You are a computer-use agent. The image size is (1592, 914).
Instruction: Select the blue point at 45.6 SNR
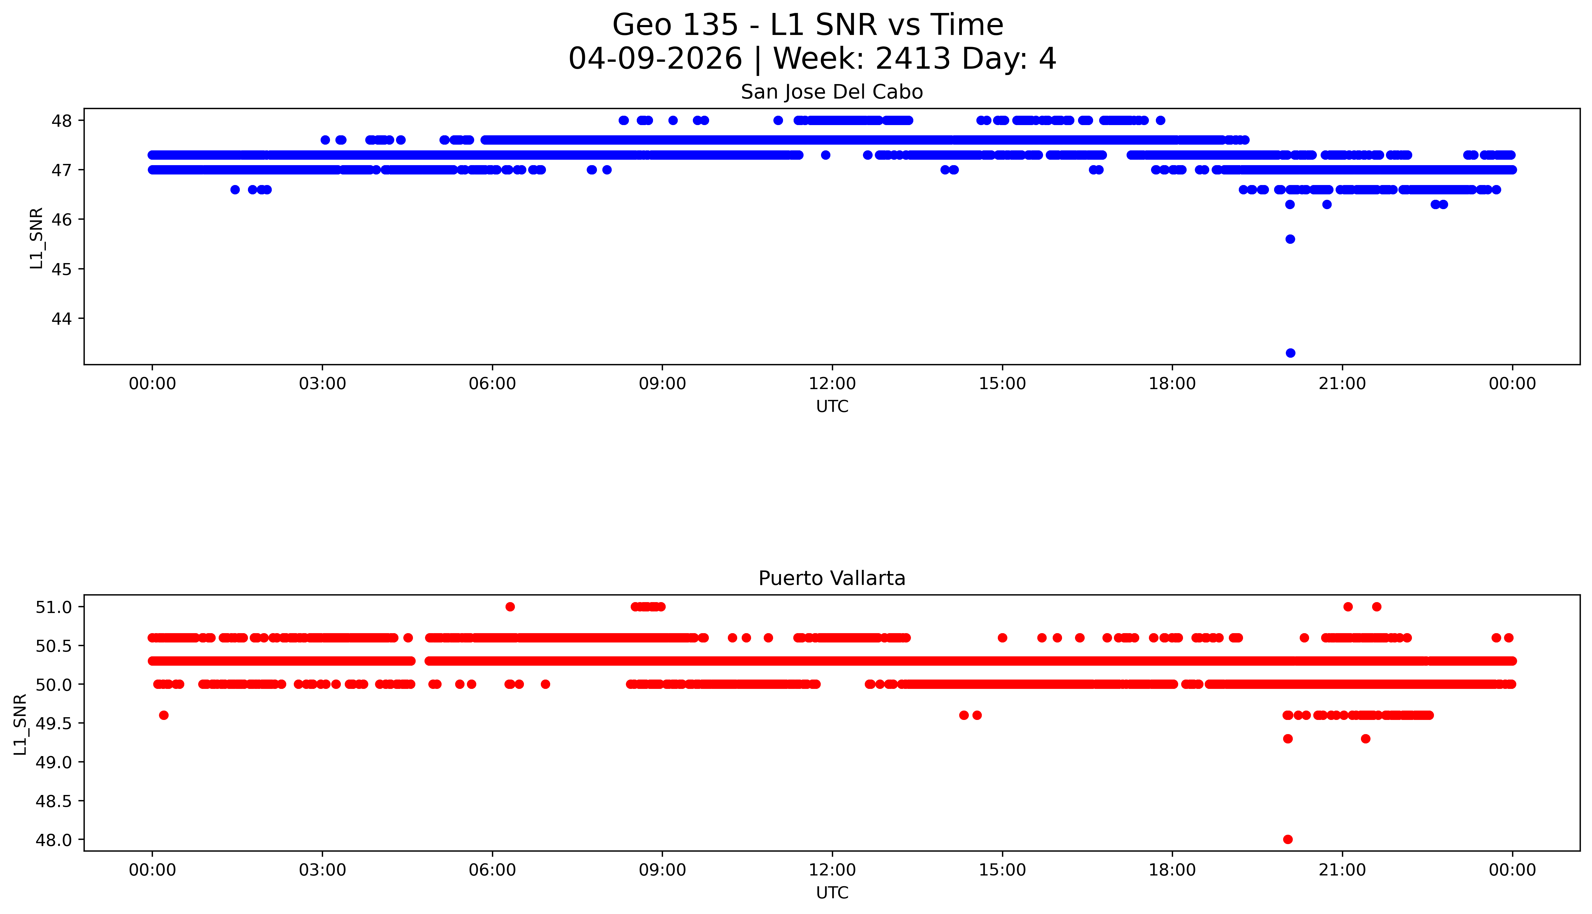pyautogui.click(x=1290, y=239)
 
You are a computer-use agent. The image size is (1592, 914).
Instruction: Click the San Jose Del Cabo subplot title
pyautogui.click(x=832, y=92)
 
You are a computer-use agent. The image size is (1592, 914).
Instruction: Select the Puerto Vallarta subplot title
pyautogui.click(x=832, y=578)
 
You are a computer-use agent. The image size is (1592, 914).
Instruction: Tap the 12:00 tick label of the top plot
pyautogui.click(x=832, y=384)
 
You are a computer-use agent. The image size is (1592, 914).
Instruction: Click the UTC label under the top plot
pyautogui.click(x=832, y=407)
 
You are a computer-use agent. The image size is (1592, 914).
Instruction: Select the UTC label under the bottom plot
pyautogui.click(x=832, y=893)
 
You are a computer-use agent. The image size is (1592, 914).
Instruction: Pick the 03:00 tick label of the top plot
pyautogui.click(x=322, y=384)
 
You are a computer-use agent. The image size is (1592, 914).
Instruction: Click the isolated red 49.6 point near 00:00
pyautogui.click(x=163, y=715)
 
